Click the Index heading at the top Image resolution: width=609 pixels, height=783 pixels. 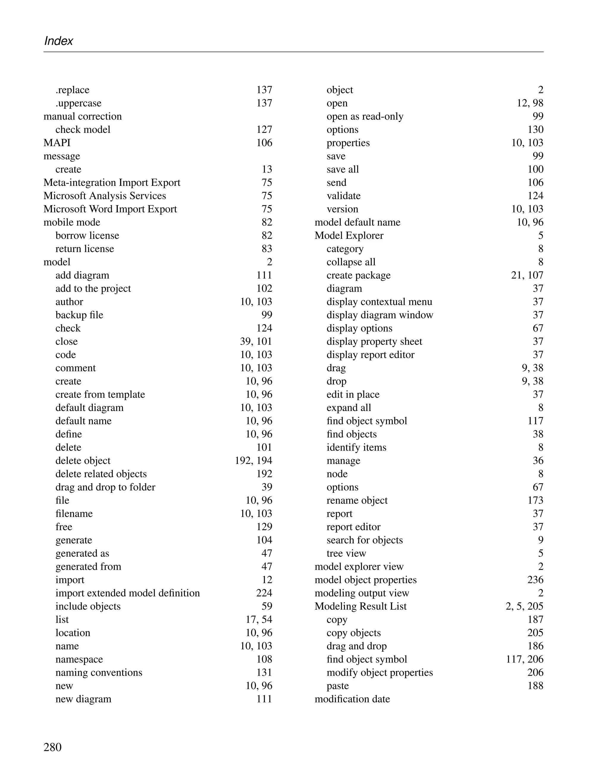pyautogui.click(x=58, y=41)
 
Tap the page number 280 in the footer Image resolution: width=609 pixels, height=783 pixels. pyautogui.click(x=52, y=747)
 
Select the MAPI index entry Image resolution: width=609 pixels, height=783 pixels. pyautogui.click(x=57, y=143)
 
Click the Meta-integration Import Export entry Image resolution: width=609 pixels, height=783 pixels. pyautogui.click(x=112, y=183)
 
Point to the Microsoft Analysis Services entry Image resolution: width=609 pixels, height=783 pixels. pyautogui.click(x=105, y=196)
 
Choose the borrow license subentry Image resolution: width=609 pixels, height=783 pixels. pyautogui.click(x=87, y=236)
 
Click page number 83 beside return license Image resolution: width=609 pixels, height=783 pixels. pyautogui.click(x=267, y=249)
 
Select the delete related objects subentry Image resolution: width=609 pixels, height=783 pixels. pyautogui.click(x=101, y=474)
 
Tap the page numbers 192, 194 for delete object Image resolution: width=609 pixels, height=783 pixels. pyautogui.click(x=253, y=461)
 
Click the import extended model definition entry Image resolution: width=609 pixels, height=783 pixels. pyautogui.click(x=128, y=593)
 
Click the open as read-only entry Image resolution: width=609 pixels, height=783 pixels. pyautogui.click(x=365, y=117)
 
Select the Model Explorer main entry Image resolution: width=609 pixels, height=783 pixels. pyautogui.click(x=349, y=236)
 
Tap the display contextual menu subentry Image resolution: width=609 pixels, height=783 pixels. pyautogui.click(x=379, y=302)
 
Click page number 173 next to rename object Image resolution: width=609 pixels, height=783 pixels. pyautogui.click(x=535, y=500)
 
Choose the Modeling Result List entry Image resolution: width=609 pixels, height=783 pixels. pyautogui.click(x=361, y=606)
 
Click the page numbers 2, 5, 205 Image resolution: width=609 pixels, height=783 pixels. pyautogui.click(x=525, y=606)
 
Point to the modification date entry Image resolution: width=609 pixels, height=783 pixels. pyautogui.click(x=352, y=699)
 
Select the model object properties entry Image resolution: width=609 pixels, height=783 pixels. pyautogui.click(x=366, y=580)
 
